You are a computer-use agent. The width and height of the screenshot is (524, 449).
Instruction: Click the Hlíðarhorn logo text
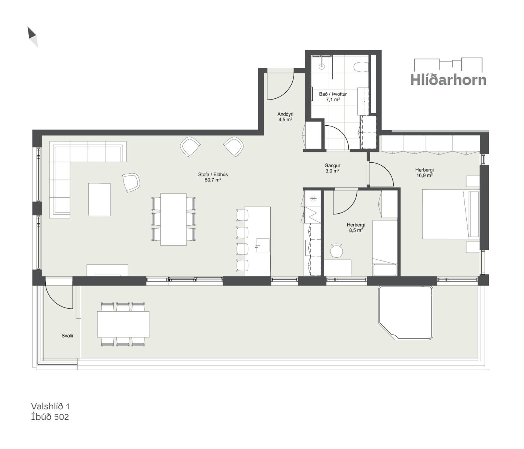(448, 80)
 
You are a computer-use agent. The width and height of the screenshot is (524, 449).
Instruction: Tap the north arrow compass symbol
(33, 37)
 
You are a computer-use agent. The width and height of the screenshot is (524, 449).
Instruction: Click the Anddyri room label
(285, 117)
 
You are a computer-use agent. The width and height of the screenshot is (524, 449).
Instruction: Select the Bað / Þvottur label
(333, 97)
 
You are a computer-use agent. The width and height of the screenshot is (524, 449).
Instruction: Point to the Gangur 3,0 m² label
(332, 168)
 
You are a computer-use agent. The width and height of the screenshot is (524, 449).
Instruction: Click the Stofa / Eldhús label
(213, 177)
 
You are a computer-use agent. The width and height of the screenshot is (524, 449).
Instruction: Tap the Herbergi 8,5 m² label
(356, 227)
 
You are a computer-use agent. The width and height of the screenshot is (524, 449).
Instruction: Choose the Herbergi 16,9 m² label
(424, 172)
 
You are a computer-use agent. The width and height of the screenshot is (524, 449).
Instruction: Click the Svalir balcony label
(67, 336)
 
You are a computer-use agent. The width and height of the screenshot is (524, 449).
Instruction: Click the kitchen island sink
(262, 245)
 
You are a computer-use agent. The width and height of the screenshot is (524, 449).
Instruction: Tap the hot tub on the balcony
(405, 313)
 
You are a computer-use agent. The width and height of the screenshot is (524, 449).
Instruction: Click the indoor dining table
(173, 219)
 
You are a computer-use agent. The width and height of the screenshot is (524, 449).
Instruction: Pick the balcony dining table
(123, 324)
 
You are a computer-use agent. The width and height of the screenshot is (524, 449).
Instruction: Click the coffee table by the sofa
(99, 200)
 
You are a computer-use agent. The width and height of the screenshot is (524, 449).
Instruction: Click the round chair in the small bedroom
(336, 251)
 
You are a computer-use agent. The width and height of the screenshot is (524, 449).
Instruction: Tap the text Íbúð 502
(50, 417)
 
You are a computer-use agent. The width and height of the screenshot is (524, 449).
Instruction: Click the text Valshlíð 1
(50, 406)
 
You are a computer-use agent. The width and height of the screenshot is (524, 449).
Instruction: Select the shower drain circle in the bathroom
(322, 67)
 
